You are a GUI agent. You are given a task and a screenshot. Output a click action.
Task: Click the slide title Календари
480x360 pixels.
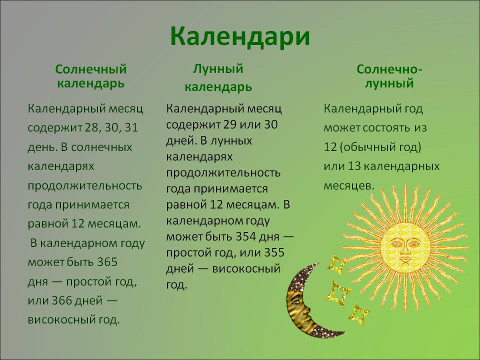(x=240, y=36)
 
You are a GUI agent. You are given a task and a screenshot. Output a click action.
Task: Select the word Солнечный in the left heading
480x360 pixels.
(x=91, y=69)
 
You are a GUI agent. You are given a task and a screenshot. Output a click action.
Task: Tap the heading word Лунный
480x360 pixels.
(x=218, y=68)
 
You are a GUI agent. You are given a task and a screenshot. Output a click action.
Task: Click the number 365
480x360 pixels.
(x=107, y=262)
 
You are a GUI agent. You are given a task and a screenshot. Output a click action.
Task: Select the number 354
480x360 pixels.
(x=246, y=236)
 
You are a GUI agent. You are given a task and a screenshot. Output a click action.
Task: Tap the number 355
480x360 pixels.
(x=274, y=252)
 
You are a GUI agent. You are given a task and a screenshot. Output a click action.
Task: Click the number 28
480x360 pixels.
(x=91, y=127)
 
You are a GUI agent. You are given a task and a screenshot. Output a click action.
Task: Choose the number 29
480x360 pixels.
(x=230, y=124)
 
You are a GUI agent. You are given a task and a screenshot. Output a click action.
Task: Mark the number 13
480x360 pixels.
(x=354, y=166)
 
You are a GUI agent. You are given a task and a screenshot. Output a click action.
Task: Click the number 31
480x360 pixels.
(x=131, y=127)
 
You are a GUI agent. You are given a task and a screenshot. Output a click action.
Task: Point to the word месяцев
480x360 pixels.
(x=349, y=186)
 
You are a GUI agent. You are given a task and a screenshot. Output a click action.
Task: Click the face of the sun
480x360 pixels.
(x=405, y=246)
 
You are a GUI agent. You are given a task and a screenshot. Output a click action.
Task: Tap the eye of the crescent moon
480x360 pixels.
(x=296, y=301)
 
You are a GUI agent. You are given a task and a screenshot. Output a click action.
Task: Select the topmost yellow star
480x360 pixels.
(x=336, y=265)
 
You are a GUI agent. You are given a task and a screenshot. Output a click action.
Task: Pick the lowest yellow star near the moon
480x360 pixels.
(x=359, y=314)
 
